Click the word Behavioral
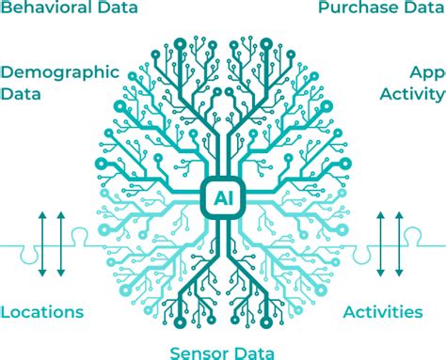click(x=45, y=8)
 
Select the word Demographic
click(x=60, y=72)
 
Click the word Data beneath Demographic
click(x=21, y=93)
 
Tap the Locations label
click(x=42, y=312)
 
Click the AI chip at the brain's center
click(x=223, y=199)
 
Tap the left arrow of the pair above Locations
click(x=40, y=245)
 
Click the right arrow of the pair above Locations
click(x=61, y=245)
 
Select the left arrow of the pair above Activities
click(x=382, y=245)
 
